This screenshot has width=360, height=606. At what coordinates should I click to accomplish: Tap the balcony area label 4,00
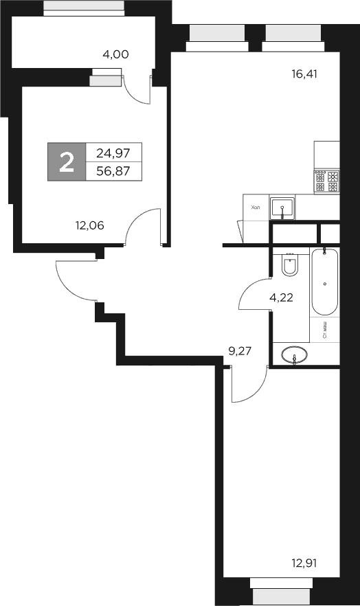(x=115, y=54)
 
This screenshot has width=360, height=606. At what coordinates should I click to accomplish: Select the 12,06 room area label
(x=89, y=223)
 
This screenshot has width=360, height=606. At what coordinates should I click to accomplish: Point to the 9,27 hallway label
(x=240, y=350)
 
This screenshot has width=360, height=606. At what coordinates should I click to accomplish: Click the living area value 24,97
(x=114, y=153)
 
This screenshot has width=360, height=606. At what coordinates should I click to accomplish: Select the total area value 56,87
(x=114, y=171)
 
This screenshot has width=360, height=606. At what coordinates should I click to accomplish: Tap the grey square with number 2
(x=67, y=162)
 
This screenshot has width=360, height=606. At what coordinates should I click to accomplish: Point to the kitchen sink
(x=282, y=207)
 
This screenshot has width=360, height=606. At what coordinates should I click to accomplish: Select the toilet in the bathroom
(x=289, y=266)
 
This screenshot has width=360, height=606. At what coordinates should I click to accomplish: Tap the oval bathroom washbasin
(x=295, y=356)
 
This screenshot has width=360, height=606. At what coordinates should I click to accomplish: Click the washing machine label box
(x=324, y=331)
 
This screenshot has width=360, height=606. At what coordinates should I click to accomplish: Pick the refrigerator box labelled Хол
(x=256, y=207)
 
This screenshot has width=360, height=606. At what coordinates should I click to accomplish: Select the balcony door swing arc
(x=137, y=90)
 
